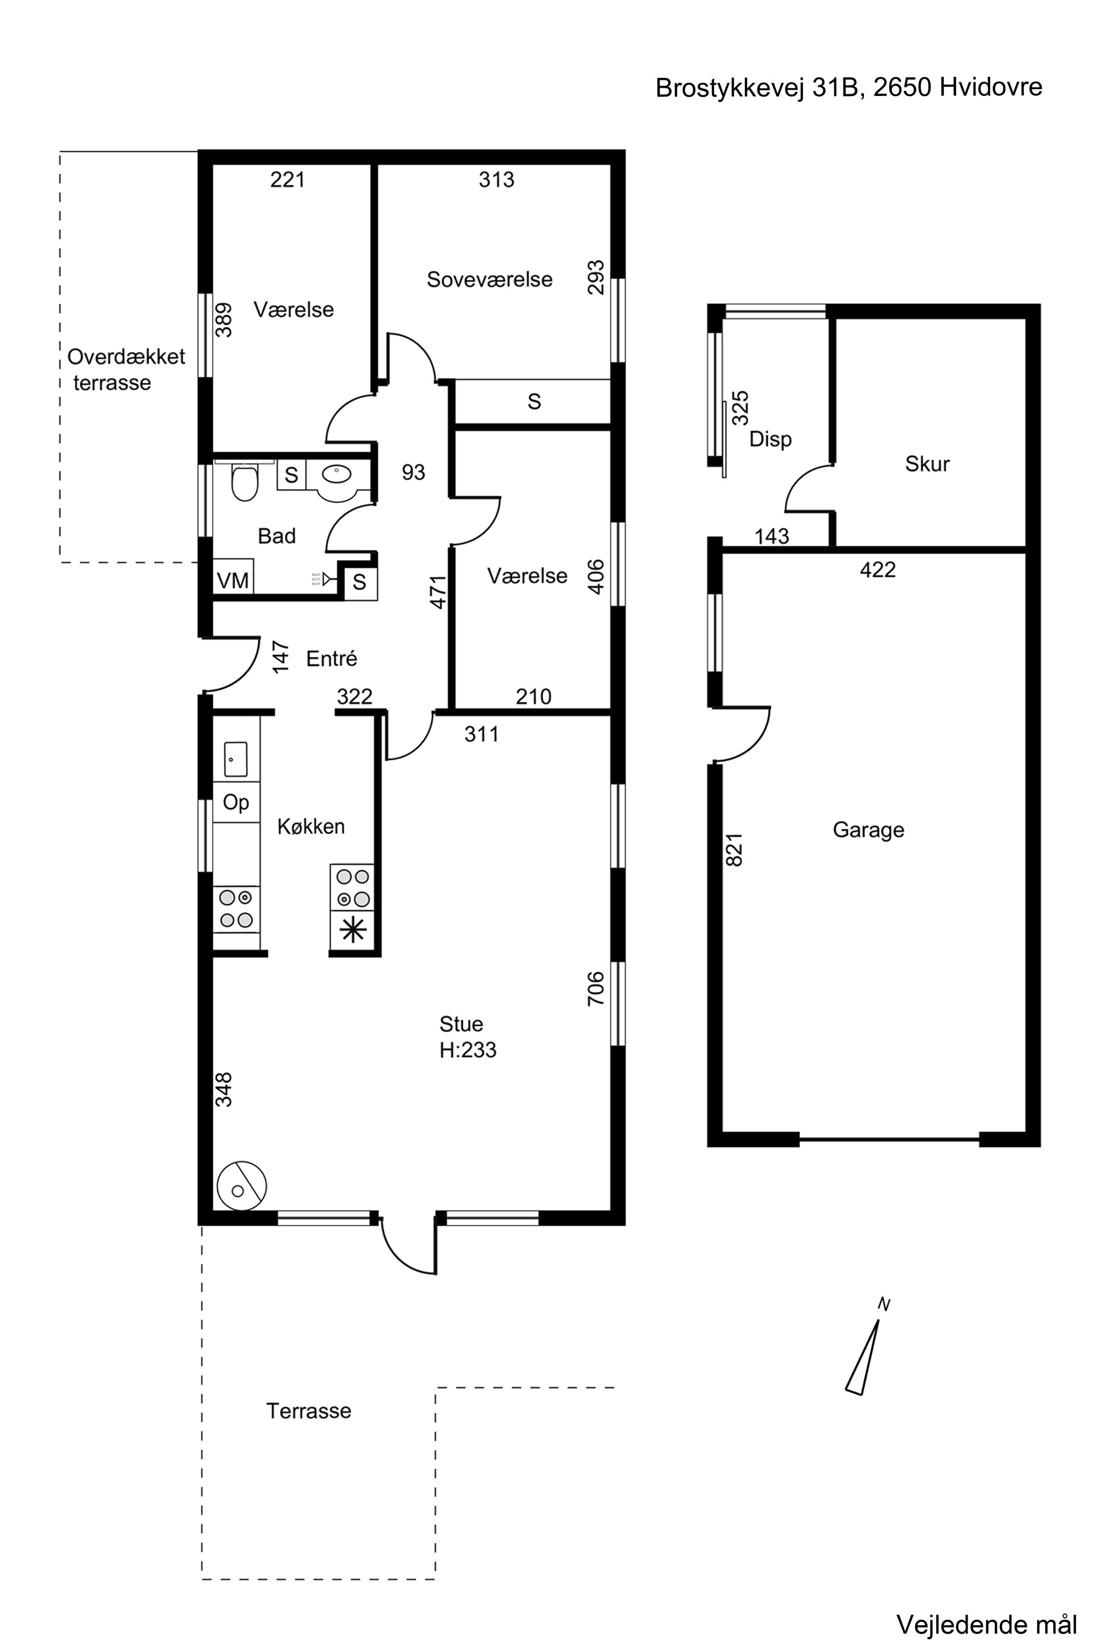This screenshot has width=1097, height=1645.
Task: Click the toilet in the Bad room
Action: tap(244, 483)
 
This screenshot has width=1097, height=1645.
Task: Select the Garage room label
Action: tap(868, 830)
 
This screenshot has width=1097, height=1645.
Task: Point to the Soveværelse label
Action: tap(490, 279)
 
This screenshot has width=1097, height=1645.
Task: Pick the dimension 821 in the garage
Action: tap(734, 850)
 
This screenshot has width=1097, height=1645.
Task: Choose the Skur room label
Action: tap(927, 464)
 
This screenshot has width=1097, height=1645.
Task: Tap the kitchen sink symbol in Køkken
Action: tap(236, 759)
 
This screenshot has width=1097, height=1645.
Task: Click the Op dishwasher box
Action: tap(236, 802)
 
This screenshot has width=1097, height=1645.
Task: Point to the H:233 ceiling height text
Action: tap(467, 1050)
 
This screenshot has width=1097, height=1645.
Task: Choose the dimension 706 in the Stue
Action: tap(595, 988)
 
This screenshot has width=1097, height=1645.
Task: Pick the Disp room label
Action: tap(770, 439)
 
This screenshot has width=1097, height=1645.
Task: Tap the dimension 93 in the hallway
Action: tap(413, 472)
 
